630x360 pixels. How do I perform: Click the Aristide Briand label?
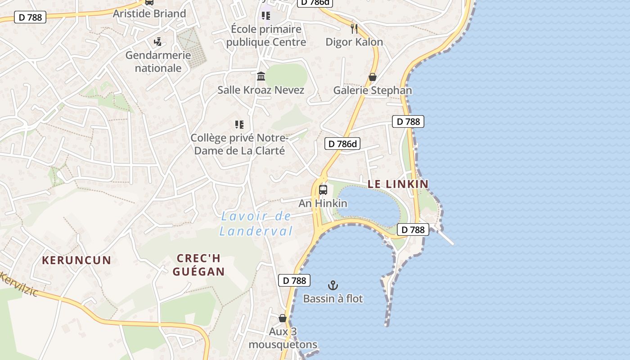(x=149, y=13)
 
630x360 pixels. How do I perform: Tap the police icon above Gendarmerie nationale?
(x=157, y=42)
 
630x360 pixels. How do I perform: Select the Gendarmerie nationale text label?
(x=158, y=62)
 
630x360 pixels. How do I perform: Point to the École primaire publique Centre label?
(x=266, y=36)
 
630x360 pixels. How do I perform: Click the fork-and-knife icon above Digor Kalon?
(x=354, y=29)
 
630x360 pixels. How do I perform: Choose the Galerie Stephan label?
(x=372, y=90)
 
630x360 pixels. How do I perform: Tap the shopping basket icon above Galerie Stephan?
(x=372, y=77)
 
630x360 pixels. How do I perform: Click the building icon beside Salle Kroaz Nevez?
(x=261, y=76)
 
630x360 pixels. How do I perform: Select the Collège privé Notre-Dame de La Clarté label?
(x=239, y=144)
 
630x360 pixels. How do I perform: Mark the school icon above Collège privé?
(x=239, y=124)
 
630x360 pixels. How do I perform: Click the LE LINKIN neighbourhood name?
(x=398, y=184)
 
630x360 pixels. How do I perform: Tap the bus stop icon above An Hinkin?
(x=323, y=189)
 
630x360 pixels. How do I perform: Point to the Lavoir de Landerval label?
(x=256, y=224)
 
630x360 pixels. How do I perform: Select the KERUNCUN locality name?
(x=76, y=260)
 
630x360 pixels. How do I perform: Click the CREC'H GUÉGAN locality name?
(x=198, y=265)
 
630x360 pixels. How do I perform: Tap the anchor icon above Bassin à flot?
(x=333, y=285)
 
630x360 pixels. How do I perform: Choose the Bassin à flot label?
(x=333, y=298)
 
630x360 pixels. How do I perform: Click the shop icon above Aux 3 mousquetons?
(x=283, y=318)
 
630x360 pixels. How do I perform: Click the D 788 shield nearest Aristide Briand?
(x=31, y=18)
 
